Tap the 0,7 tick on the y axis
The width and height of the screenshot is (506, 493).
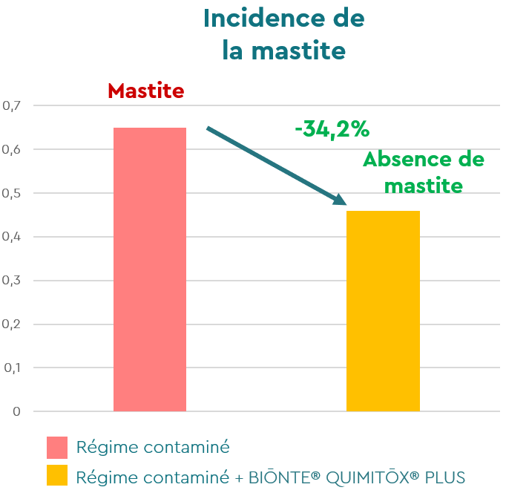(13, 106)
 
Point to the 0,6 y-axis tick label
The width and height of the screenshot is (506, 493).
(13, 150)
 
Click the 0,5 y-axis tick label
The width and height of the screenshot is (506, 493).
(13, 193)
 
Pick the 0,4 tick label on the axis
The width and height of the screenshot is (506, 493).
(13, 237)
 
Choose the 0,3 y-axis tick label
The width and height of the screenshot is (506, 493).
(13, 281)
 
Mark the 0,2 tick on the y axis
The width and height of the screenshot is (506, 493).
(13, 324)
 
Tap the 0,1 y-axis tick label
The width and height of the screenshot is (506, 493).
(13, 368)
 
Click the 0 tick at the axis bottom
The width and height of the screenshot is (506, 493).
(16, 411)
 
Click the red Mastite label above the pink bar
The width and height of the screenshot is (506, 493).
(145, 91)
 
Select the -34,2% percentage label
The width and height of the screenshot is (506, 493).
(332, 129)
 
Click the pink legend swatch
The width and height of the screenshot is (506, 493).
(57, 448)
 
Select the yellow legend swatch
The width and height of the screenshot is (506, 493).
(57, 476)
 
